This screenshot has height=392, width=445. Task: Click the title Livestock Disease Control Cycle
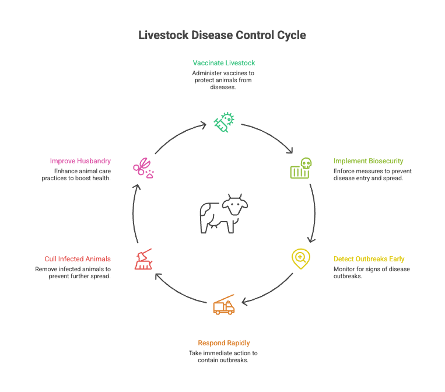click(222, 35)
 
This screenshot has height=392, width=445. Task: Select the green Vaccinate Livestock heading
click(224, 62)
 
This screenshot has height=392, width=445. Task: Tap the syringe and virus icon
click(224, 121)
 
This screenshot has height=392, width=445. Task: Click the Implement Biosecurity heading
click(368, 161)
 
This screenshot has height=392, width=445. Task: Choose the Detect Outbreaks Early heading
click(369, 258)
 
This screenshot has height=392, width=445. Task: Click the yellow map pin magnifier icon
click(300, 258)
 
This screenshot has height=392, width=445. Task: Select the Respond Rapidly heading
click(224, 343)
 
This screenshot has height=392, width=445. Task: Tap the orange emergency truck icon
click(224, 305)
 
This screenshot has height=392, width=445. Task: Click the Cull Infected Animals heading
click(78, 258)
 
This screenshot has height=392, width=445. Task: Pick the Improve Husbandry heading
click(80, 161)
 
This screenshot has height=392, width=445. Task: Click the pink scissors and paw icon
click(143, 168)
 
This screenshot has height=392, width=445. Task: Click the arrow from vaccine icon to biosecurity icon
click(269, 135)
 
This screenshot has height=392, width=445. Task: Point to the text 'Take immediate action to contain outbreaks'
click(223, 356)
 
